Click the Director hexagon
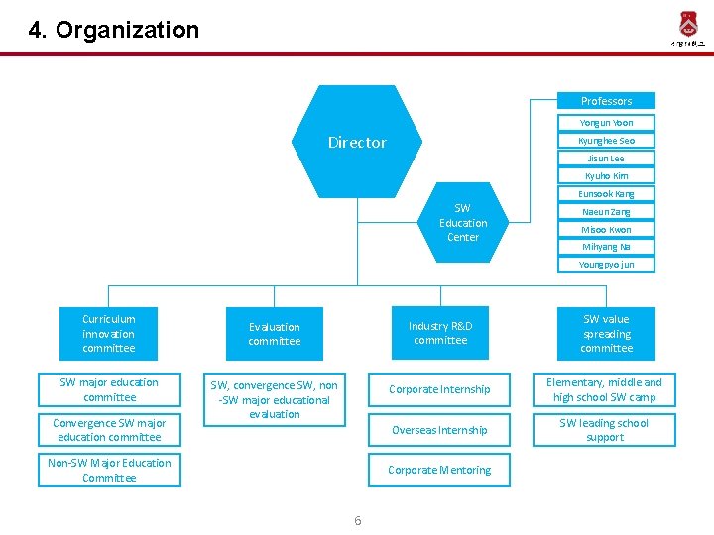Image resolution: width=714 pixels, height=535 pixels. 357,142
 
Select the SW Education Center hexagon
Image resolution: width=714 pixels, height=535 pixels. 463,223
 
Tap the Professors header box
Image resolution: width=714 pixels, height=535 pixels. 606,101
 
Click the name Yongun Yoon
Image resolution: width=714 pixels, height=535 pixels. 606,123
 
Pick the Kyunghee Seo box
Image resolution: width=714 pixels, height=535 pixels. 606,141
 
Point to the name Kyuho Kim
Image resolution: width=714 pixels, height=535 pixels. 606,176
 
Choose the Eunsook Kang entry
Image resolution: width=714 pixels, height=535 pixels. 606,194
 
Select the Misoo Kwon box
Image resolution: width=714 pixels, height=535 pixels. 606,230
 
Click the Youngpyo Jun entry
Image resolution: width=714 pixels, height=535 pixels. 606,265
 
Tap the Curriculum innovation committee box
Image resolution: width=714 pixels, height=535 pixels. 109,334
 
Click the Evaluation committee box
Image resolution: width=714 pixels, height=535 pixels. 275,334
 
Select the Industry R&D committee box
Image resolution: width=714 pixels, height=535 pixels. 440,334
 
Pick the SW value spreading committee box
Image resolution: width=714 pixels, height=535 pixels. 606,334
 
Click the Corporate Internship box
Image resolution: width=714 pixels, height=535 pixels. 439,390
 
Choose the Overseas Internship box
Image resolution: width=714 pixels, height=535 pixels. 439,430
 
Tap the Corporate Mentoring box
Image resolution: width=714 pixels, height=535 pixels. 439,470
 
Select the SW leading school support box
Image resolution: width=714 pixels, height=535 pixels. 605,430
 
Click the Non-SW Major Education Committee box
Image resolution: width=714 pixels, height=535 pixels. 109,471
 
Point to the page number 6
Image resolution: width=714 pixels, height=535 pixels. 357,521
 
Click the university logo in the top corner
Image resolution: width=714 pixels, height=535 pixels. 687,28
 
